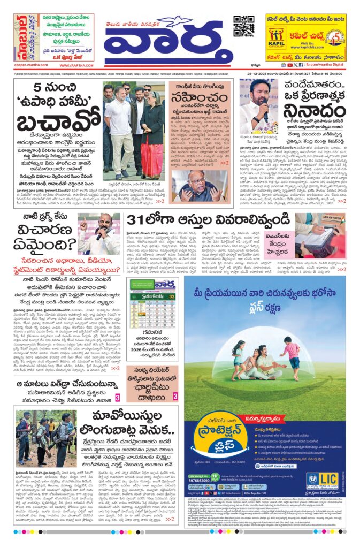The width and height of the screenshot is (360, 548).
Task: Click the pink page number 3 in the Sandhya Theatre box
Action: point(175,397)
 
